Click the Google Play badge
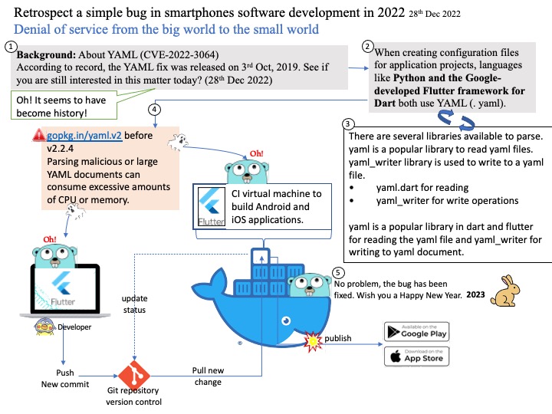coord(416,331)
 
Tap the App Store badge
coord(416,356)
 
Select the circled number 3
coord(349,123)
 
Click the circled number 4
coord(156,110)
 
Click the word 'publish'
coord(338,338)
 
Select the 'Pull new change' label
coord(206,376)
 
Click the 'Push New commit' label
coord(64,379)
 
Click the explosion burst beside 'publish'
coord(314,339)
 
